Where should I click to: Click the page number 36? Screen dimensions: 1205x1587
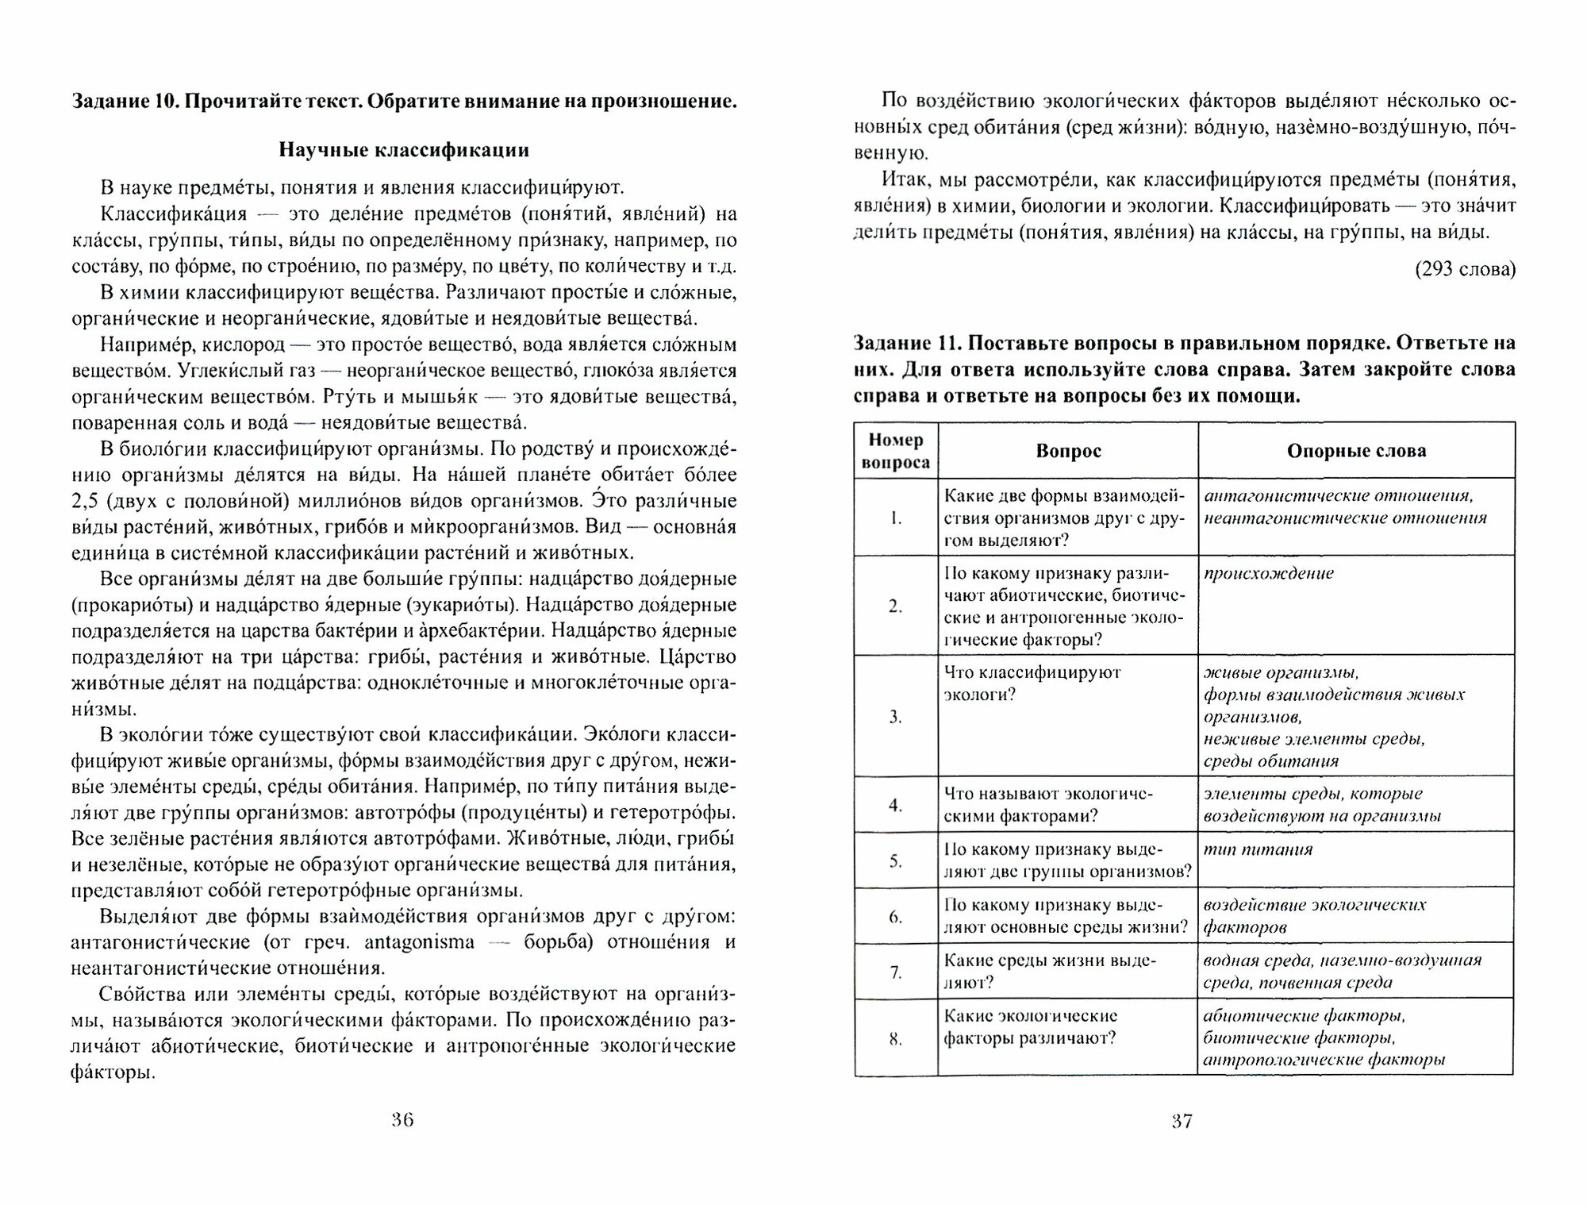pos(403,1121)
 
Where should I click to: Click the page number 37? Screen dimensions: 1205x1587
pos(1182,1122)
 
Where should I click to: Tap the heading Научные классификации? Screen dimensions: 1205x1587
pos(404,150)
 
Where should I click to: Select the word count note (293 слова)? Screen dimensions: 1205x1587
pos(1465,269)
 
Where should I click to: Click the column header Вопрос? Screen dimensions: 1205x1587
pos(1068,451)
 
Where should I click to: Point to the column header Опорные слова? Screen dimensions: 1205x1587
pos(1356,451)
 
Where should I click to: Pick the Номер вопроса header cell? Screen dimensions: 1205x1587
pos(896,451)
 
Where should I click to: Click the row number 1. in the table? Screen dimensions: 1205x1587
pos(896,518)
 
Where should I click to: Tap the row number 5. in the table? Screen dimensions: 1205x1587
pos(896,860)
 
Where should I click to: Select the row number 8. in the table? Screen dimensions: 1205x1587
pos(896,1038)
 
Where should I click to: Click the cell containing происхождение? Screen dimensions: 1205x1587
pos(1269,573)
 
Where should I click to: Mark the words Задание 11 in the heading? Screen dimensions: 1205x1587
pos(901,343)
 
